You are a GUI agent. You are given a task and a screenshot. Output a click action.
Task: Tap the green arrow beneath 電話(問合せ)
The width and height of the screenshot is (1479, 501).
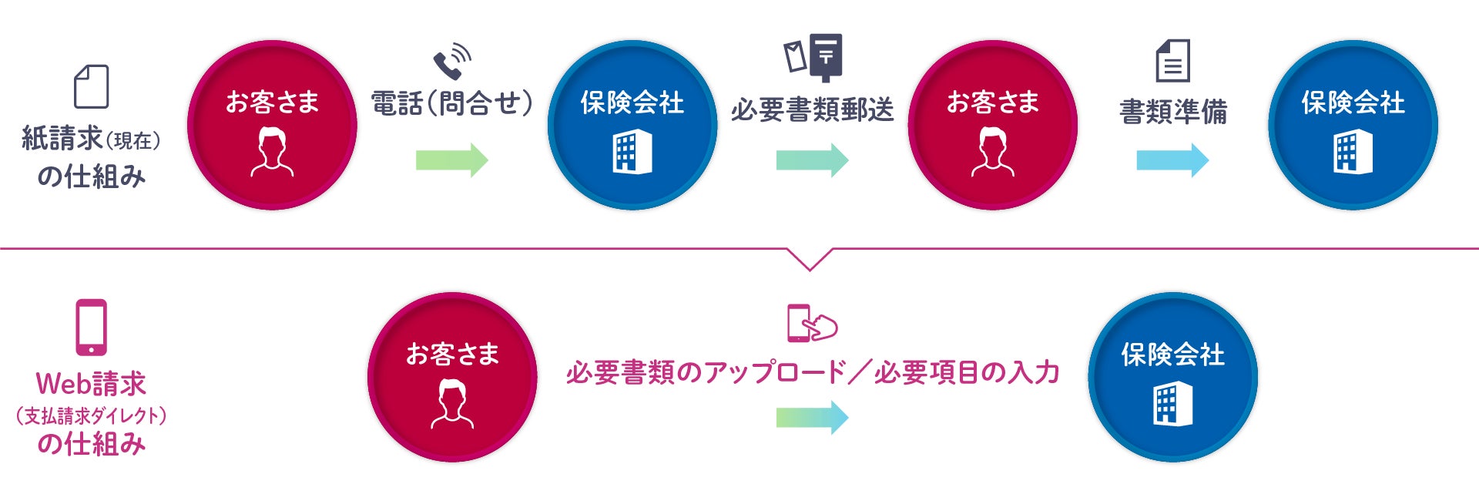pyautogui.click(x=451, y=160)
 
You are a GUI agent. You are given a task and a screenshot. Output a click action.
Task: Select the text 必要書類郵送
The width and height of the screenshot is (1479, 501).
pyautogui.click(x=812, y=110)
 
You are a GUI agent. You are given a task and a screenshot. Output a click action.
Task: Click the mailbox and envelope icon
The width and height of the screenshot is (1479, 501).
pyautogui.click(x=813, y=57)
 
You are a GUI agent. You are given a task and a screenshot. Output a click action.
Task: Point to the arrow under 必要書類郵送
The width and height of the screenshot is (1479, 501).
pyautogui.click(x=812, y=160)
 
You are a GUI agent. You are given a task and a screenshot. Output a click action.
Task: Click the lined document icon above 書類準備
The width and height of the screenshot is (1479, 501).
pyautogui.click(x=1172, y=61)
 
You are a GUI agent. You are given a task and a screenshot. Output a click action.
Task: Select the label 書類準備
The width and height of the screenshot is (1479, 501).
pyautogui.click(x=1172, y=112)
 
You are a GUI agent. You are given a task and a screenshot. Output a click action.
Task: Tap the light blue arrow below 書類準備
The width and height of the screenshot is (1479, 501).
pyautogui.click(x=1172, y=160)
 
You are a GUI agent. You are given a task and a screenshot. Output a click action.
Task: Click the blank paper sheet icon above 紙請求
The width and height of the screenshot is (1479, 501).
pyautogui.click(x=91, y=86)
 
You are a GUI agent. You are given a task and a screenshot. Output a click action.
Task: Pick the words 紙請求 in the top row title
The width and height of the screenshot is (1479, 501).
pyautogui.click(x=62, y=139)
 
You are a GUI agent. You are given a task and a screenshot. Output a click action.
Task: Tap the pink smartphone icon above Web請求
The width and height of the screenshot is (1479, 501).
pyautogui.click(x=91, y=328)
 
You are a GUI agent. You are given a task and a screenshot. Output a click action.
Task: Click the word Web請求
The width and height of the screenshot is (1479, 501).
pyautogui.click(x=91, y=383)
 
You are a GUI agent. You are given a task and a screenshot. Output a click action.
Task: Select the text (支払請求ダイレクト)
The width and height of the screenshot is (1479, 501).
pyautogui.click(x=91, y=416)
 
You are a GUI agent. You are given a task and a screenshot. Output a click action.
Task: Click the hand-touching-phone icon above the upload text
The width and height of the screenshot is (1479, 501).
pyautogui.click(x=811, y=323)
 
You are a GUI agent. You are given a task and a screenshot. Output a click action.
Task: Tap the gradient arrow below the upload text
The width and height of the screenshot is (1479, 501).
pyautogui.click(x=812, y=417)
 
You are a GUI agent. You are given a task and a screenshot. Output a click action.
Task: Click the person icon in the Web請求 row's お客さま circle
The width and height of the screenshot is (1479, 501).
pyautogui.click(x=452, y=404)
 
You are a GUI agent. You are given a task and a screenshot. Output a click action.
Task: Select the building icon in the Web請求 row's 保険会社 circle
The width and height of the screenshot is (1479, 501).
pyautogui.click(x=1172, y=404)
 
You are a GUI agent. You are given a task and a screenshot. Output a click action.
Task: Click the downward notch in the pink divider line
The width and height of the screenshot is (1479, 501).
pyautogui.click(x=810, y=260)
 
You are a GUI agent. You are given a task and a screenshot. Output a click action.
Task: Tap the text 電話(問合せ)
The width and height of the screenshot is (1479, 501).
pyautogui.click(x=451, y=103)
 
